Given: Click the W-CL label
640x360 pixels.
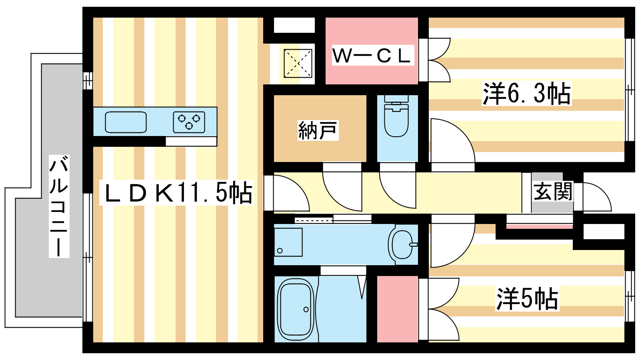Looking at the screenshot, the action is pos(372,56).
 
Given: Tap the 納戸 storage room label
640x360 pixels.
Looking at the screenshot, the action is pos(318,130).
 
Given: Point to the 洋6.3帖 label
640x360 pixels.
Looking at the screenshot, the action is pos(526,93).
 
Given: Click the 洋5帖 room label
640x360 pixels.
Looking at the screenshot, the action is pos(527,298).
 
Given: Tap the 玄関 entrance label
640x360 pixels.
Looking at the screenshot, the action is pos(552,192).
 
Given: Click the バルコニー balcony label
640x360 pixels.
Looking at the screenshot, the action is pos(59,206).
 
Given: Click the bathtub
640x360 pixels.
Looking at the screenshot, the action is pos(296,309).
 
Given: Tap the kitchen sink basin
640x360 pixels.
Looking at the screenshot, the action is pos(126,122).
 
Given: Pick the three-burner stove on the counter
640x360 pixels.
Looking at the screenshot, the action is pos(189,122).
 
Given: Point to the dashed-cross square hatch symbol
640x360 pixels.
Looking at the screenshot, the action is pos(298,63).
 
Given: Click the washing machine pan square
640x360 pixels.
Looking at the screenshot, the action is pos(288,242).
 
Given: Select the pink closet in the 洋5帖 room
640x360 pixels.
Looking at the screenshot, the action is pos(398,309).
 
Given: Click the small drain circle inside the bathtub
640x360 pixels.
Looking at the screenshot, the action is pos(306,310).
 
